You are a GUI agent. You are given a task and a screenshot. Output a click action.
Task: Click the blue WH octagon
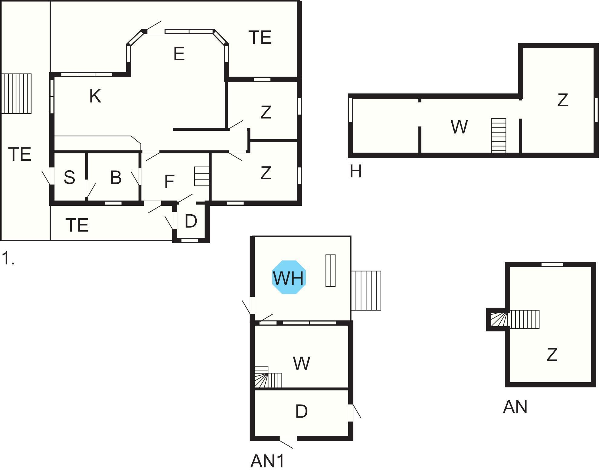click(x=289, y=277)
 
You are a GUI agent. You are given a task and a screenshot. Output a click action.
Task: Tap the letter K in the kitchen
click(x=95, y=96)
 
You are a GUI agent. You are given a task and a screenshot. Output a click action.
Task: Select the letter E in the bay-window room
click(x=179, y=54)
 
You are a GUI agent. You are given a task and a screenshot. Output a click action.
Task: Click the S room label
click(x=69, y=177)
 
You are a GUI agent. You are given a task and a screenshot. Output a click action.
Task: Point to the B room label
click(x=116, y=177)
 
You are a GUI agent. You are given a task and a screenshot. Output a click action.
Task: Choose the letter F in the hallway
click(x=169, y=182)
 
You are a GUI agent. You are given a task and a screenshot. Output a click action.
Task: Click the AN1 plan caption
click(x=267, y=461)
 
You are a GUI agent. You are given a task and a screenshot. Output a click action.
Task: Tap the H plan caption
click(x=355, y=172)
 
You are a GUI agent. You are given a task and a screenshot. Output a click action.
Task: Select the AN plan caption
click(x=515, y=407)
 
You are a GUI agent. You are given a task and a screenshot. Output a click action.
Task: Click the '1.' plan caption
click(x=8, y=258)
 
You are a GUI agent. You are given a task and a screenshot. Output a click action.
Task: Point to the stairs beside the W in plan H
click(x=499, y=136)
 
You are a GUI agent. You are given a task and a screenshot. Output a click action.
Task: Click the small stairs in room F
click(x=201, y=176)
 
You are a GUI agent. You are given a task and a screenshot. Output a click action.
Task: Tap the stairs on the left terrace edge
click(x=16, y=94)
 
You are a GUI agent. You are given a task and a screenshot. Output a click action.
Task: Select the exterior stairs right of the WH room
click(x=366, y=291)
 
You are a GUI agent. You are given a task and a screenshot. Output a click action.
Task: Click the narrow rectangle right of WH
click(x=330, y=271)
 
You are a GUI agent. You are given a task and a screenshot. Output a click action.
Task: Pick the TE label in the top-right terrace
click(x=260, y=38)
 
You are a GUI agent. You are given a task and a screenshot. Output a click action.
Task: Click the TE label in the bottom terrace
click(x=77, y=225)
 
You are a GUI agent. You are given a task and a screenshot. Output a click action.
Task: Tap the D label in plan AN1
click(x=301, y=411)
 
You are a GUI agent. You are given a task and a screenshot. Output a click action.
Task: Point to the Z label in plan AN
click(x=552, y=354)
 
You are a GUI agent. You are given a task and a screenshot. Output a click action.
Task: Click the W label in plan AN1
click(x=302, y=363)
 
